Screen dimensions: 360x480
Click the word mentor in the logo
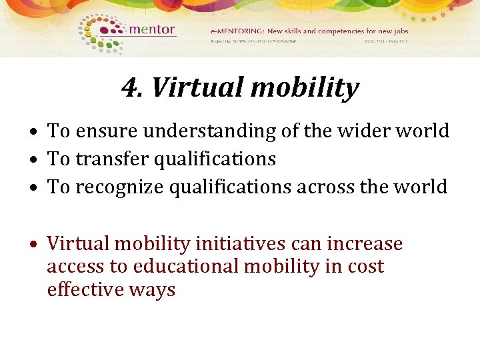tap(151, 29)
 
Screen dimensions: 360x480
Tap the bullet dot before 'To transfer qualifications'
tap(38, 160)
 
